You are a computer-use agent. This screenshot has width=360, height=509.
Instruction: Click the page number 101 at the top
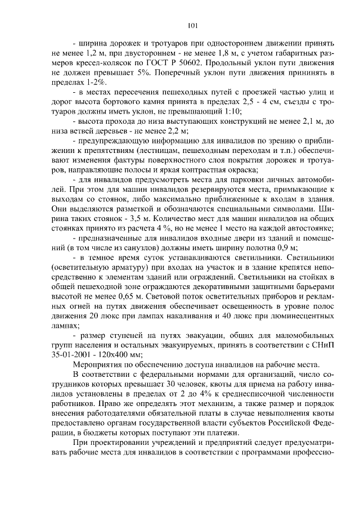(192, 26)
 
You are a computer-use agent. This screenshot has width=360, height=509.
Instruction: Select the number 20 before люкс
(92, 315)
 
